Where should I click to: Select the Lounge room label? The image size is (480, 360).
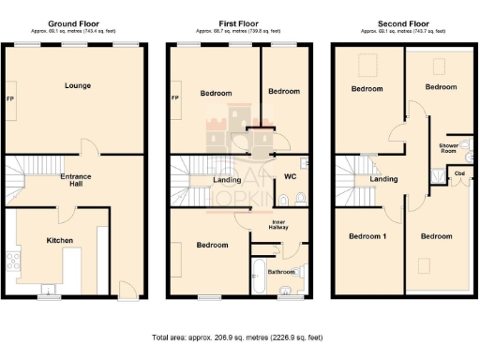click(x=78, y=85)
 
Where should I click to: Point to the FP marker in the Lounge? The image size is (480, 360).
click(x=10, y=98)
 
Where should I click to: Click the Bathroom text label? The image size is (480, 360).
click(x=281, y=272)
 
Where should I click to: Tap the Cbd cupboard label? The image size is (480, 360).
click(x=459, y=173)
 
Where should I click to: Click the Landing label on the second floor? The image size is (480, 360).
click(x=382, y=179)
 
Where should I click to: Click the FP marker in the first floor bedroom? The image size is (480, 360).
click(x=175, y=98)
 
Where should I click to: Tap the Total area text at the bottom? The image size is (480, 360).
click(x=238, y=336)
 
